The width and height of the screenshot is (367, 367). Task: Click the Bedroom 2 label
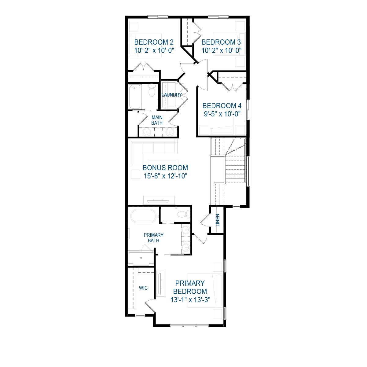pos(154,42)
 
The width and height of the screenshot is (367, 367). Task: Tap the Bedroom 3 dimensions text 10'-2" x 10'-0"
pos(222,50)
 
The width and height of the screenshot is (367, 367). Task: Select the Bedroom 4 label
pos(222,106)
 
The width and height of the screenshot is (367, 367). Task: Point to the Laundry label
pos(171,95)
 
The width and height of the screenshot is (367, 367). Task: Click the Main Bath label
pos(157,120)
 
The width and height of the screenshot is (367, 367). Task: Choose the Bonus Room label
pos(165,168)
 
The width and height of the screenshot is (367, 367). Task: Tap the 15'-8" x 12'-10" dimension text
pos(165,176)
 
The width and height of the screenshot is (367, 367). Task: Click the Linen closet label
pos(218,220)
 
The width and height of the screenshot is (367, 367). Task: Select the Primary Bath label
pos(153,238)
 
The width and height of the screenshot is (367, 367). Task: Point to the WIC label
pos(143,288)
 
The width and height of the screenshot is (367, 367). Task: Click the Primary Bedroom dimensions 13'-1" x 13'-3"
pos(190,300)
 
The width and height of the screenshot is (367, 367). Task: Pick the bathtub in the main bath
pos(135,97)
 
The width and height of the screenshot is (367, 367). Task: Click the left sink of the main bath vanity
pos(147,132)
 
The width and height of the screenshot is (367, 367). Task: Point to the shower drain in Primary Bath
pos(141,259)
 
